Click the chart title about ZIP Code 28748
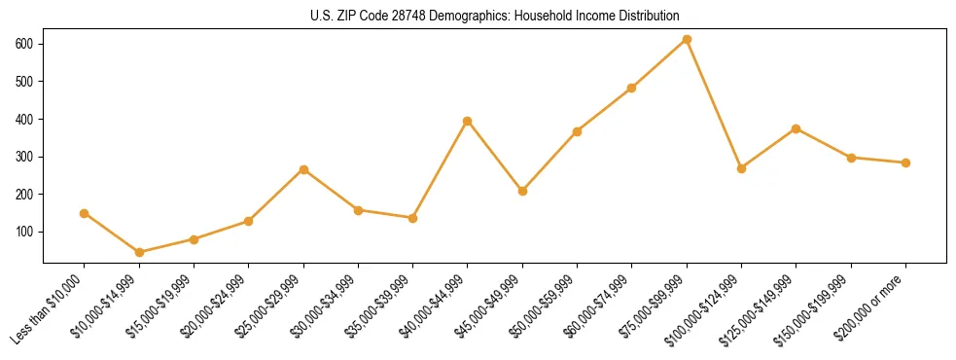point(478,16)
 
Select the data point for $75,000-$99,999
point(687,40)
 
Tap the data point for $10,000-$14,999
point(139,252)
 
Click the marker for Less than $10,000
point(85,213)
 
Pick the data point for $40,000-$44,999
point(468,121)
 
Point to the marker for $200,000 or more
point(906,162)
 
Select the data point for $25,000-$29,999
point(303,169)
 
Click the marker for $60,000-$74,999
point(632,88)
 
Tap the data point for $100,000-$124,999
point(742,168)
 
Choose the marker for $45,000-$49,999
point(522,191)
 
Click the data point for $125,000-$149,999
point(797,128)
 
